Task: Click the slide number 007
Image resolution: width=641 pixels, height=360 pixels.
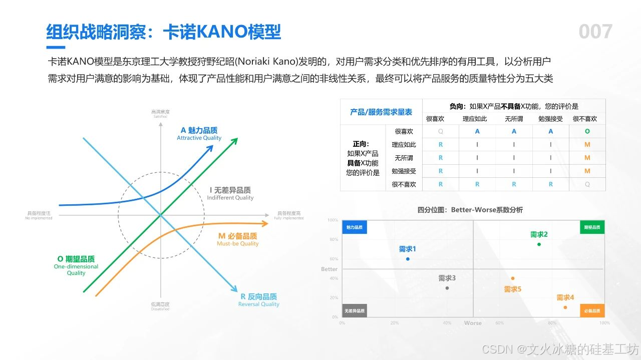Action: pos(595,32)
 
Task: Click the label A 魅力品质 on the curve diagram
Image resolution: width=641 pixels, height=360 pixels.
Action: pos(199,130)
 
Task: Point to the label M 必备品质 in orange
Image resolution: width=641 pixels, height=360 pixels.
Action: pos(238,236)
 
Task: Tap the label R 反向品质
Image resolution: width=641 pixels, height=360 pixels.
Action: pos(259,296)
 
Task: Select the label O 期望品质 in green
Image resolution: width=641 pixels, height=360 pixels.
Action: pos(76,259)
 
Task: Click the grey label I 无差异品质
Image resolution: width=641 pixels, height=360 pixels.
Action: pos(230,190)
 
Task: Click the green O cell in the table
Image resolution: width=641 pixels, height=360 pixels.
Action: pos(587,131)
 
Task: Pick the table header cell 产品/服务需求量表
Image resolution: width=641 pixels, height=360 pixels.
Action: pos(381,112)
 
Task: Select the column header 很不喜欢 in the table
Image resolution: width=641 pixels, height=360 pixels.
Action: pos(585,119)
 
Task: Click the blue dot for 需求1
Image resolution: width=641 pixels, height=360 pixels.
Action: pos(408,259)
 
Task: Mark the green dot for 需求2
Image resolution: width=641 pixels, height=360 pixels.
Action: pos(539,244)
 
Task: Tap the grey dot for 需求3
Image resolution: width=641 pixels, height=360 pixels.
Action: pos(447,288)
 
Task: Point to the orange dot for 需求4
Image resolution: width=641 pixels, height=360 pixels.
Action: pos(565,307)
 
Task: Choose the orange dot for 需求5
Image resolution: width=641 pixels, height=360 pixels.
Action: pos(513,278)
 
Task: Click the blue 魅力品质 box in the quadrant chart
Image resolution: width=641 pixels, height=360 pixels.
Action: pos(355,227)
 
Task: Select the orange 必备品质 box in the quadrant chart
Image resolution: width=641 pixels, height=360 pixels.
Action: pos(592,311)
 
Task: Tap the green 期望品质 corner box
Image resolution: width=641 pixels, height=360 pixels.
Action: pos(592,227)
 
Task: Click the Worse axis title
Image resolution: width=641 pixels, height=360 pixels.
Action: pos(473,323)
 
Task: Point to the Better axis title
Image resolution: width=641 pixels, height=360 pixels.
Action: pos(330,269)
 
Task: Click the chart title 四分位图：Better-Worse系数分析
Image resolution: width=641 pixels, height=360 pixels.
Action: pos(470,210)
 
